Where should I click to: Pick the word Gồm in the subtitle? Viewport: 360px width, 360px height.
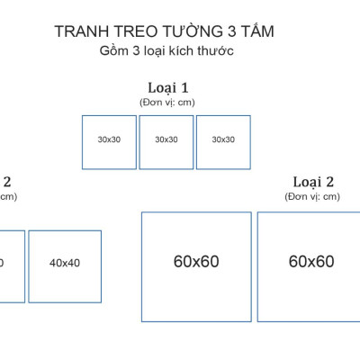point(114,51)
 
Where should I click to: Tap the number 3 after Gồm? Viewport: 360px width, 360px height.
point(136,51)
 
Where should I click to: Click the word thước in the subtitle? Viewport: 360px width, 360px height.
point(216,51)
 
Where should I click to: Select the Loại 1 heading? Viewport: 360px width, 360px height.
point(167,87)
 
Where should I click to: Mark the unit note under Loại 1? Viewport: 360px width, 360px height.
point(167,102)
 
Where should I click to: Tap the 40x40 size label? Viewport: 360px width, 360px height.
point(65,263)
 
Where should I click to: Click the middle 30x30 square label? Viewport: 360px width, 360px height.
point(166,139)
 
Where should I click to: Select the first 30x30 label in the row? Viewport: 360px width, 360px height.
point(110,139)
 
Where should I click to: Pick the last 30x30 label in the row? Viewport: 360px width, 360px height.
point(223,139)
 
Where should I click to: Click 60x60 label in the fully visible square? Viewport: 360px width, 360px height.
point(196,261)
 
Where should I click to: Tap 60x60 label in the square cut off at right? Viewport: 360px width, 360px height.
point(311,261)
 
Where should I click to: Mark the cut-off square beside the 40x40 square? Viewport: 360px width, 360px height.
point(11,265)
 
